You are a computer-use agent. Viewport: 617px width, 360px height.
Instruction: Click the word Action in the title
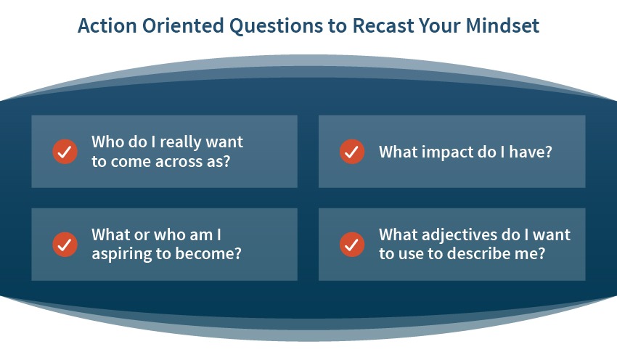(107, 25)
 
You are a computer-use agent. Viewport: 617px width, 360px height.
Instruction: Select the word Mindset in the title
(502, 25)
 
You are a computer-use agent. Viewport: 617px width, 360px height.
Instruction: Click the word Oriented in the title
(183, 25)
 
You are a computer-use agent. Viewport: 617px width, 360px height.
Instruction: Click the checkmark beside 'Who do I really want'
(65, 152)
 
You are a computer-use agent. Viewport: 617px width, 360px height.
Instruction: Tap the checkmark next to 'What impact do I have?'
(352, 152)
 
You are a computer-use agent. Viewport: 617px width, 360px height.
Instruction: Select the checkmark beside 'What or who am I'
(65, 245)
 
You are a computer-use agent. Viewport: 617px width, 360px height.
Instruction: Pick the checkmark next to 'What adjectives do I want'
(352, 245)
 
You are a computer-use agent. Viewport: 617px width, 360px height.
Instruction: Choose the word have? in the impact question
(531, 152)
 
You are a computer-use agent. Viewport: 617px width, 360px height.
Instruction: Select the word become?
(208, 253)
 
